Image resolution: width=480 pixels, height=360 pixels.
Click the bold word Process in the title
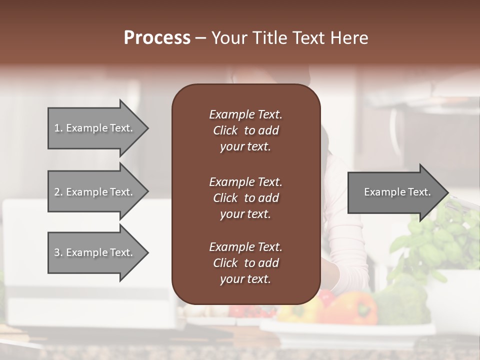click(x=157, y=38)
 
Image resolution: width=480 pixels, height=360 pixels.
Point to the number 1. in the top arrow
click(x=58, y=128)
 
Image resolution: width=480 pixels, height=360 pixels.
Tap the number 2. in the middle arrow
click(x=58, y=192)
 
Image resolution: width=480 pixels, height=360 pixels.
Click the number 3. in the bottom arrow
click(x=58, y=252)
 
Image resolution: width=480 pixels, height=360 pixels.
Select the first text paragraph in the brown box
click(x=245, y=130)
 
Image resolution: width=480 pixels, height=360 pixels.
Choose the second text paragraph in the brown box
click(x=245, y=198)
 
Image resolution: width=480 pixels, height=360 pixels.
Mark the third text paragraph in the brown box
click(x=245, y=263)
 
